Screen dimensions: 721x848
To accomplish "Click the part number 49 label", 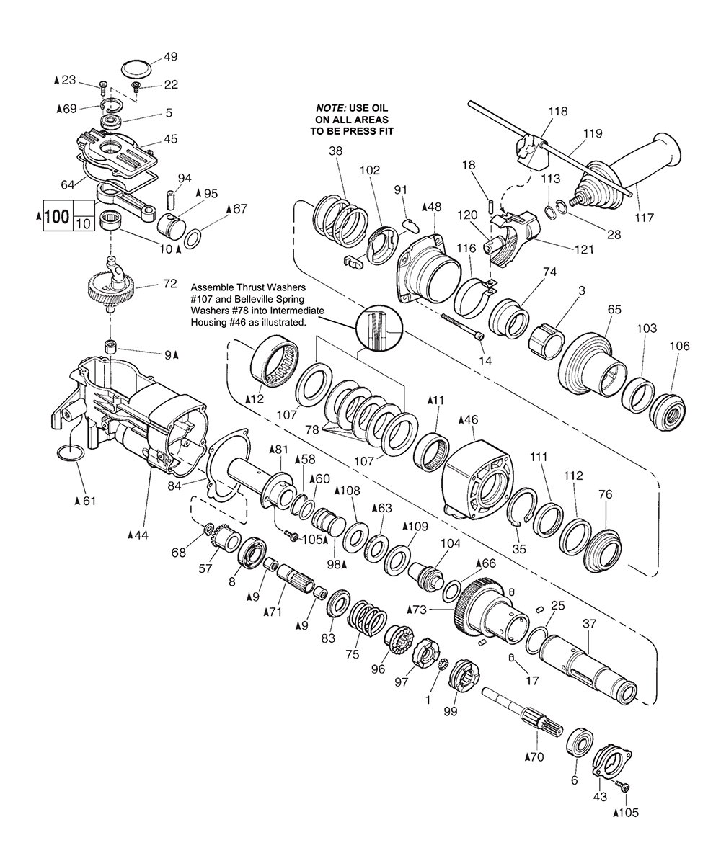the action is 170,57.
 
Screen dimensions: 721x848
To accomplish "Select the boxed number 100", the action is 57,217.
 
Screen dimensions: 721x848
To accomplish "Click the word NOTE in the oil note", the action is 330,108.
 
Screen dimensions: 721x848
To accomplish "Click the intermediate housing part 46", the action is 477,476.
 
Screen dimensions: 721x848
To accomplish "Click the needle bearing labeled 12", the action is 276,361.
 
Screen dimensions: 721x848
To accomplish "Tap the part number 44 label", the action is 138,535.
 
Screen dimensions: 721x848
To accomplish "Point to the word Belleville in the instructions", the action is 280,298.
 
